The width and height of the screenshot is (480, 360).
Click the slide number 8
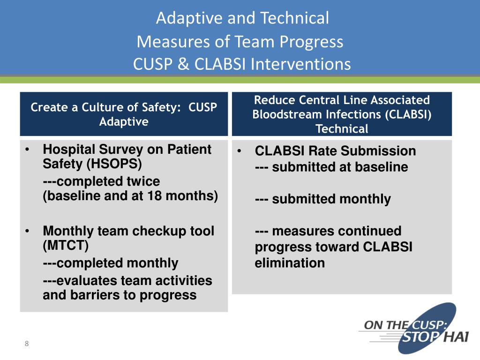27,344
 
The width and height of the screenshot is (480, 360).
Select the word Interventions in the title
300,64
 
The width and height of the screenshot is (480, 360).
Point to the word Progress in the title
312,42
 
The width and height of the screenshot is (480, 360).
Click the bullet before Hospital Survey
28,150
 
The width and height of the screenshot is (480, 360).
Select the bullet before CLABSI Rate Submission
240,151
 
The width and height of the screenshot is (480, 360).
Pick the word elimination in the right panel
290,263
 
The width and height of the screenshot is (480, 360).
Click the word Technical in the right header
342,129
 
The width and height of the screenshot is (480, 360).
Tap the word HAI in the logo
452,337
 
